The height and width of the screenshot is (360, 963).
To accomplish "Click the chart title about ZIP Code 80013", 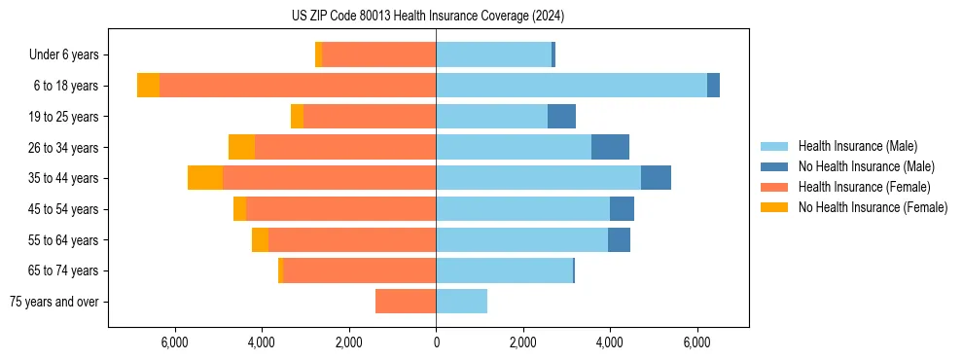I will (x=427, y=16).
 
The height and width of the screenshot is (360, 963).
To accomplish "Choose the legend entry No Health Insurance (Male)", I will (x=866, y=166).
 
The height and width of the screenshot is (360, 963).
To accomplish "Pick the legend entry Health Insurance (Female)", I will (x=864, y=187).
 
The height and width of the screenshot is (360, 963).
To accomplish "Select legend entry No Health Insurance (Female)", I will (x=873, y=207).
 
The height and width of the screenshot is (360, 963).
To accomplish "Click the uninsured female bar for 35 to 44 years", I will (x=205, y=178).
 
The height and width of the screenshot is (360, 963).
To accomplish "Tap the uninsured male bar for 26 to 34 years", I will (x=610, y=147).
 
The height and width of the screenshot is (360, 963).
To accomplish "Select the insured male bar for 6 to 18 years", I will (x=571, y=86).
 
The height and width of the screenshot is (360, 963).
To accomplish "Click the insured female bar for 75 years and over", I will (x=406, y=302).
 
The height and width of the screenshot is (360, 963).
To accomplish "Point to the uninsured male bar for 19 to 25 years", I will (x=561, y=117).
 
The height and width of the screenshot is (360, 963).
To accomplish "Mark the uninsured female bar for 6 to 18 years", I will (x=148, y=86).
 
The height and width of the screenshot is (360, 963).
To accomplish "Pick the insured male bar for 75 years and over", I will (x=461, y=302).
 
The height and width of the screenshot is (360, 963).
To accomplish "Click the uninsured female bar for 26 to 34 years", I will (x=241, y=147).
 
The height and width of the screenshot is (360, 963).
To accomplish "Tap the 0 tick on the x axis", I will (x=436, y=342).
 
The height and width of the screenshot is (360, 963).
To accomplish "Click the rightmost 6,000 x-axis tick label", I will (x=697, y=342).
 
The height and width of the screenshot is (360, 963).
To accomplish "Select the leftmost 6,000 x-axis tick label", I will (x=174, y=342).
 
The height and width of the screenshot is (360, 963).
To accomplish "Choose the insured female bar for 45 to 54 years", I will (x=340, y=209).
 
